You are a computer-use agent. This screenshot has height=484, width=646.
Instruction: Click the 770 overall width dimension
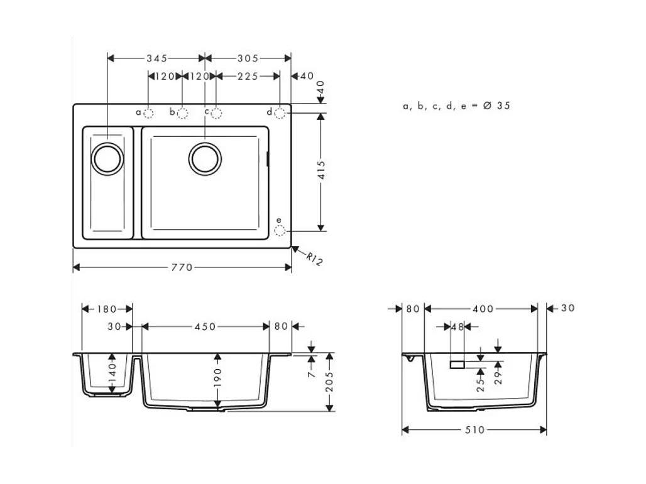point(182,268)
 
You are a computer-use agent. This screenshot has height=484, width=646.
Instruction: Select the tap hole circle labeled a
point(149,113)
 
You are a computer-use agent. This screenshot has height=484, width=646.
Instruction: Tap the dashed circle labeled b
point(182,113)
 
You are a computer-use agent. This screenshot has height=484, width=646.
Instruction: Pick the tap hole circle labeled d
point(280,112)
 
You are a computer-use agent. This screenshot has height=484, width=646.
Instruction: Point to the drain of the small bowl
point(107,158)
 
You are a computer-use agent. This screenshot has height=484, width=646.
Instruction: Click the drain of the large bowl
point(205,158)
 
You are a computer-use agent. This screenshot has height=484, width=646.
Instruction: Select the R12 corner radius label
point(314,258)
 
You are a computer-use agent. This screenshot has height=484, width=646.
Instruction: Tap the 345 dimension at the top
point(156,58)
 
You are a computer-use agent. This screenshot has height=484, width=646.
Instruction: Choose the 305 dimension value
point(248,58)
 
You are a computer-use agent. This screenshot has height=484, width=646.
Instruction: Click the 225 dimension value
point(248,76)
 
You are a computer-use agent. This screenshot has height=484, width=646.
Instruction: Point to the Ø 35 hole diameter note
point(456,106)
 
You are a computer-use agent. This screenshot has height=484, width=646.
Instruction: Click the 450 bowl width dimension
point(205,326)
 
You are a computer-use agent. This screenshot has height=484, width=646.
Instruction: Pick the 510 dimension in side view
point(474,430)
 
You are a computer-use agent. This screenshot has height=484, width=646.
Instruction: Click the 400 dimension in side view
point(483,309)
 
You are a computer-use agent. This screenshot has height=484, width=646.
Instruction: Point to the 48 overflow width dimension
point(457,326)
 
